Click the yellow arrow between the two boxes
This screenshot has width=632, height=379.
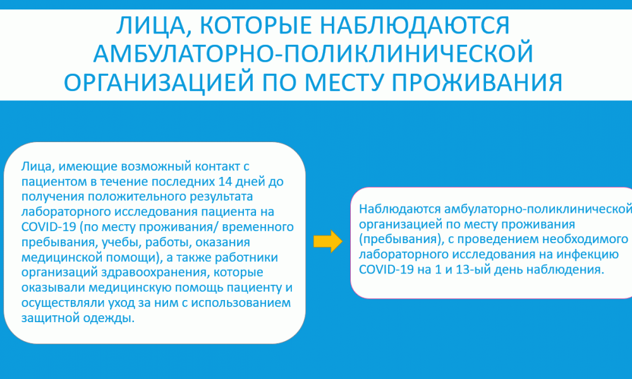pos(328,241)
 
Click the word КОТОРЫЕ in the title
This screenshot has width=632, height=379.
pos(256,25)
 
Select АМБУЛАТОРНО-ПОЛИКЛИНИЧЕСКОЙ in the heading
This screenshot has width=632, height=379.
pos(313,54)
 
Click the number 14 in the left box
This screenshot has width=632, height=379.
pos(226,182)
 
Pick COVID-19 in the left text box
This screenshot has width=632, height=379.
pos(49,227)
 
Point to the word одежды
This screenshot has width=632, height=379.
pos(109,318)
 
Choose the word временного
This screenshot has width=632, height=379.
pos(258,227)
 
